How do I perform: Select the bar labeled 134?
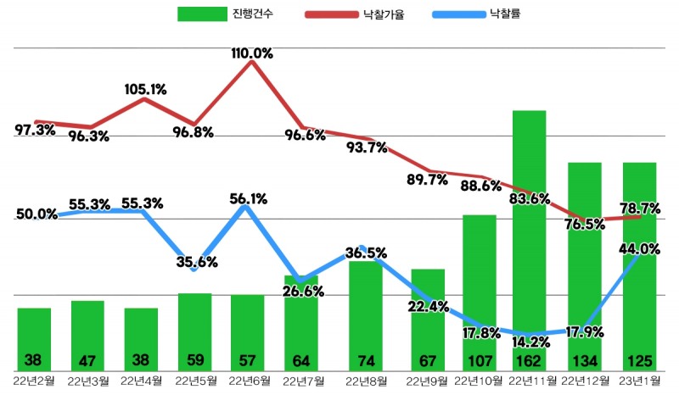(x=585, y=263)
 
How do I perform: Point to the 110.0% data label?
(x=252, y=53)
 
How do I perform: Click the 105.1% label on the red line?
(x=145, y=88)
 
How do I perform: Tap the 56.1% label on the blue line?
(x=248, y=199)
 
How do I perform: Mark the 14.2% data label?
(x=532, y=343)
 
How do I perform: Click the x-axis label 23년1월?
(x=638, y=379)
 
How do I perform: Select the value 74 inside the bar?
(x=366, y=359)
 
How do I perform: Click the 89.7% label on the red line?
(x=427, y=180)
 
